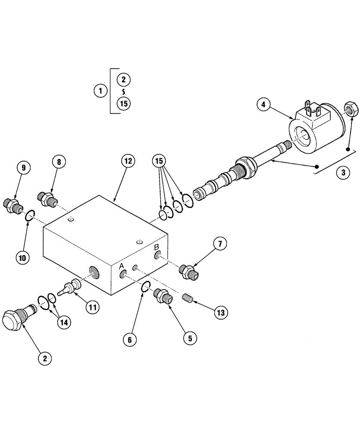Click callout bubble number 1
click(x=100, y=91)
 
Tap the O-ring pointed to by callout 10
click(x=29, y=215)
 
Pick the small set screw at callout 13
click(x=187, y=298)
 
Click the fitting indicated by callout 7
click(x=189, y=272)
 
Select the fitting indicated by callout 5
click(x=163, y=297)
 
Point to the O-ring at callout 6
click(x=146, y=286)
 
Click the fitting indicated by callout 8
click(x=46, y=199)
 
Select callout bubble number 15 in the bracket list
click(x=124, y=103)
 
